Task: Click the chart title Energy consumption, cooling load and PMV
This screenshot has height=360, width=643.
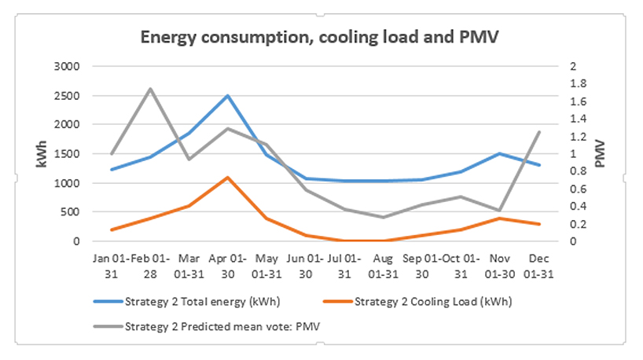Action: tap(321, 37)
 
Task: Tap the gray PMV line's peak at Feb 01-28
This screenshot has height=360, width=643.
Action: tap(150, 89)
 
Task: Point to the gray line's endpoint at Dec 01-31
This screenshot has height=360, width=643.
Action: tap(538, 132)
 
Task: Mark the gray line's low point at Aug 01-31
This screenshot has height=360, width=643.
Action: tap(383, 217)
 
